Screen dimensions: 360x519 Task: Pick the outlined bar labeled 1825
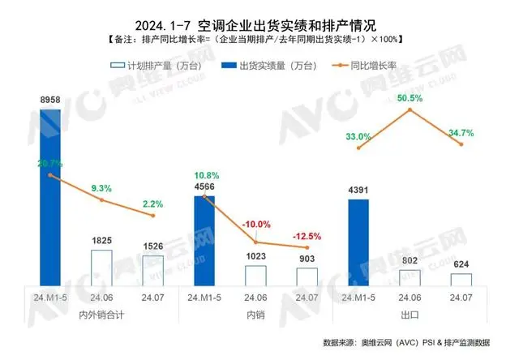click(x=101, y=268)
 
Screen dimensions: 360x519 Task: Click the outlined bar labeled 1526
click(x=152, y=271)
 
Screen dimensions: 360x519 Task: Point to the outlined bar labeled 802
click(x=410, y=277)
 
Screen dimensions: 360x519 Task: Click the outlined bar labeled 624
click(x=461, y=280)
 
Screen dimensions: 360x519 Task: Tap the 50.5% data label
click(x=410, y=98)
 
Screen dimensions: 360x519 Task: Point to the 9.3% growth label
click(x=101, y=188)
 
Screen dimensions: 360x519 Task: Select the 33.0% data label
click(x=358, y=137)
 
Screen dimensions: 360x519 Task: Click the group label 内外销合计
click(x=101, y=313)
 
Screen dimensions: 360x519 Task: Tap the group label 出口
click(x=410, y=313)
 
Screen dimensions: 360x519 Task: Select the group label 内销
click(x=255, y=313)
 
